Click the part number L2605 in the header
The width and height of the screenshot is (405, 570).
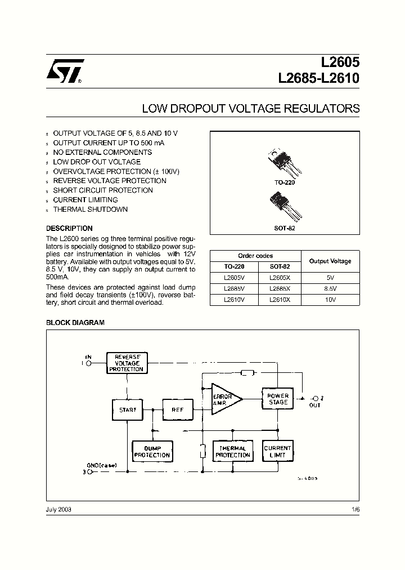point(338,65)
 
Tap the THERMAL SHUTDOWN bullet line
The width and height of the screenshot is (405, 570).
point(90,210)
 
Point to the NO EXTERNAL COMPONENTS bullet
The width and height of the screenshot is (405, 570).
point(102,152)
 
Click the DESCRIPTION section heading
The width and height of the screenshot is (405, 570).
point(69,229)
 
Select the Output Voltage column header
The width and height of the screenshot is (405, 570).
point(330,261)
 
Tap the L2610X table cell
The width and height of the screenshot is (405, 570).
point(279,300)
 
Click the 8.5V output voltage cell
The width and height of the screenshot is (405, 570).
point(330,289)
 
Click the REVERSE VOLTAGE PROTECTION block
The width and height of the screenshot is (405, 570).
point(127,363)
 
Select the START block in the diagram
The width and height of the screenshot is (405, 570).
point(128,410)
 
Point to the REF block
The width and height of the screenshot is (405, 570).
point(178,410)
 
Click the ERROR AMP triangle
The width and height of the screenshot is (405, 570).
point(224,399)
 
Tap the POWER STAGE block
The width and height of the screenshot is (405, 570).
point(277,399)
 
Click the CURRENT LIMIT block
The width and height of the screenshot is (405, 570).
point(277,452)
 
